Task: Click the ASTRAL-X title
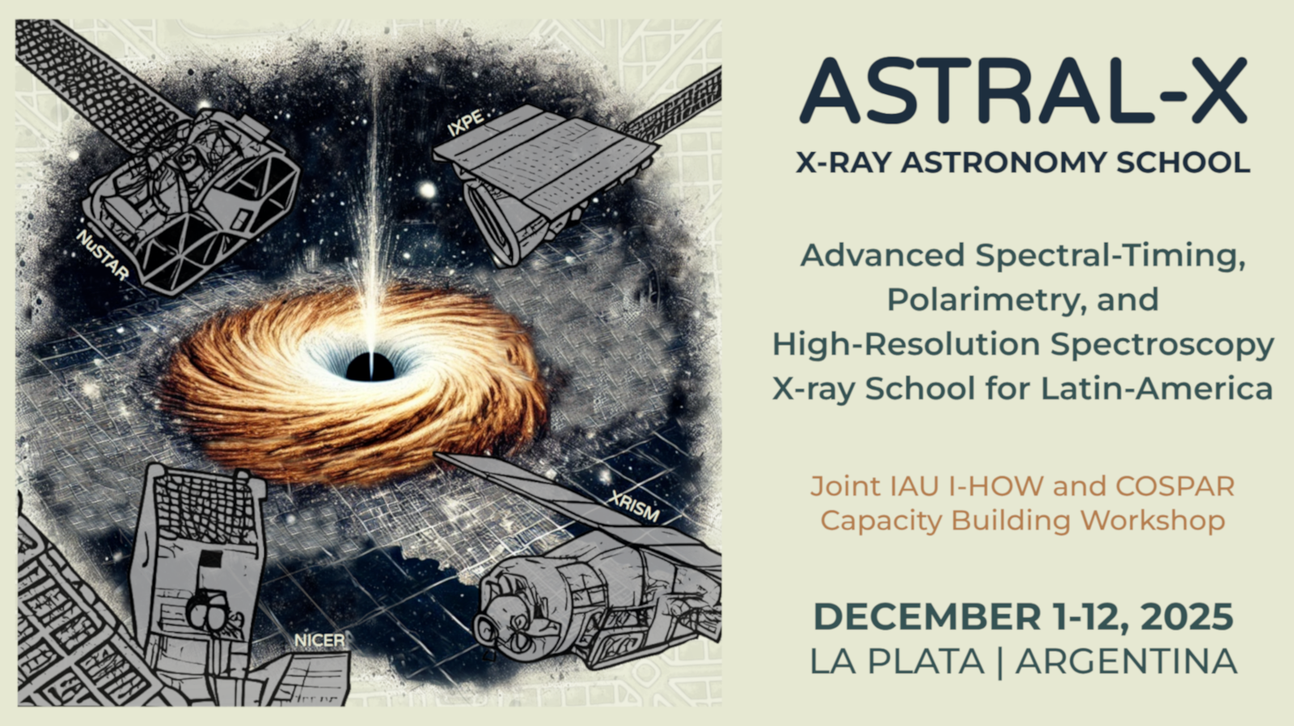[1023, 91]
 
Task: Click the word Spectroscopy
[1162, 345]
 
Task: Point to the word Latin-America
[1157, 388]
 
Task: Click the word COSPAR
[1175, 486]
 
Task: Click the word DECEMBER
[927, 617]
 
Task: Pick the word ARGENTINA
[1127, 662]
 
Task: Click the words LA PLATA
[897, 662]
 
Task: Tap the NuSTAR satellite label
[102, 256]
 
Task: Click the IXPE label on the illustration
[466, 123]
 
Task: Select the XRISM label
[634, 507]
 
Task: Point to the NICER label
[319, 640]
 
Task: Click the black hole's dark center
[370, 367]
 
